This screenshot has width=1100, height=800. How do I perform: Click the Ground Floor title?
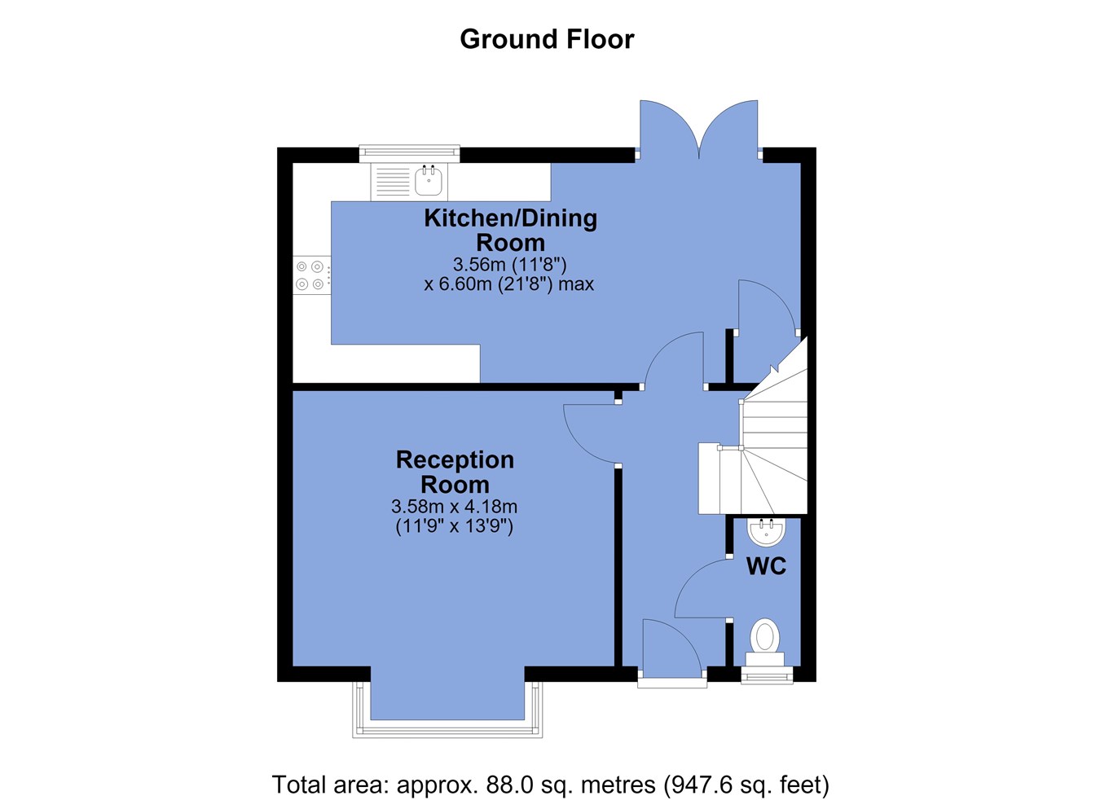pyautogui.click(x=547, y=39)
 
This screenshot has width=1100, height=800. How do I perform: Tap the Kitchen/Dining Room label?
pyautogui.click(x=511, y=231)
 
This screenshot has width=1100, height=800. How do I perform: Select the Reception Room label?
pyautogui.click(x=455, y=472)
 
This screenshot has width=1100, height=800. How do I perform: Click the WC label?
pyautogui.click(x=766, y=566)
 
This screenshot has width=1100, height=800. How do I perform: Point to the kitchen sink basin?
pyautogui.click(x=431, y=181)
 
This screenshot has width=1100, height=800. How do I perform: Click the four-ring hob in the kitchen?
pyautogui.click(x=311, y=275)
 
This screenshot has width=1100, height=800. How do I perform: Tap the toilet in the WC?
pyautogui.click(x=764, y=642)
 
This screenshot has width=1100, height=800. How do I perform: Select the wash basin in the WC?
pyautogui.click(x=766, y=532)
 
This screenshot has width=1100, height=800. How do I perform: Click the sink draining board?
pyautogui.click(x=393, y=182)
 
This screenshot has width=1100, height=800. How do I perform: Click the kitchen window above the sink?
pyautogui.click(x=410, y=153)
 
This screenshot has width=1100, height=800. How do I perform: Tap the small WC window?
pyautogui.click(x=767, y=675)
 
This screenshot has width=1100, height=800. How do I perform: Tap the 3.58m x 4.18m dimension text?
pyautogui.click(x=454, y=506)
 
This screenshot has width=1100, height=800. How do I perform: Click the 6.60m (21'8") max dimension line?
pyautogui.click(x=509, y=284)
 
